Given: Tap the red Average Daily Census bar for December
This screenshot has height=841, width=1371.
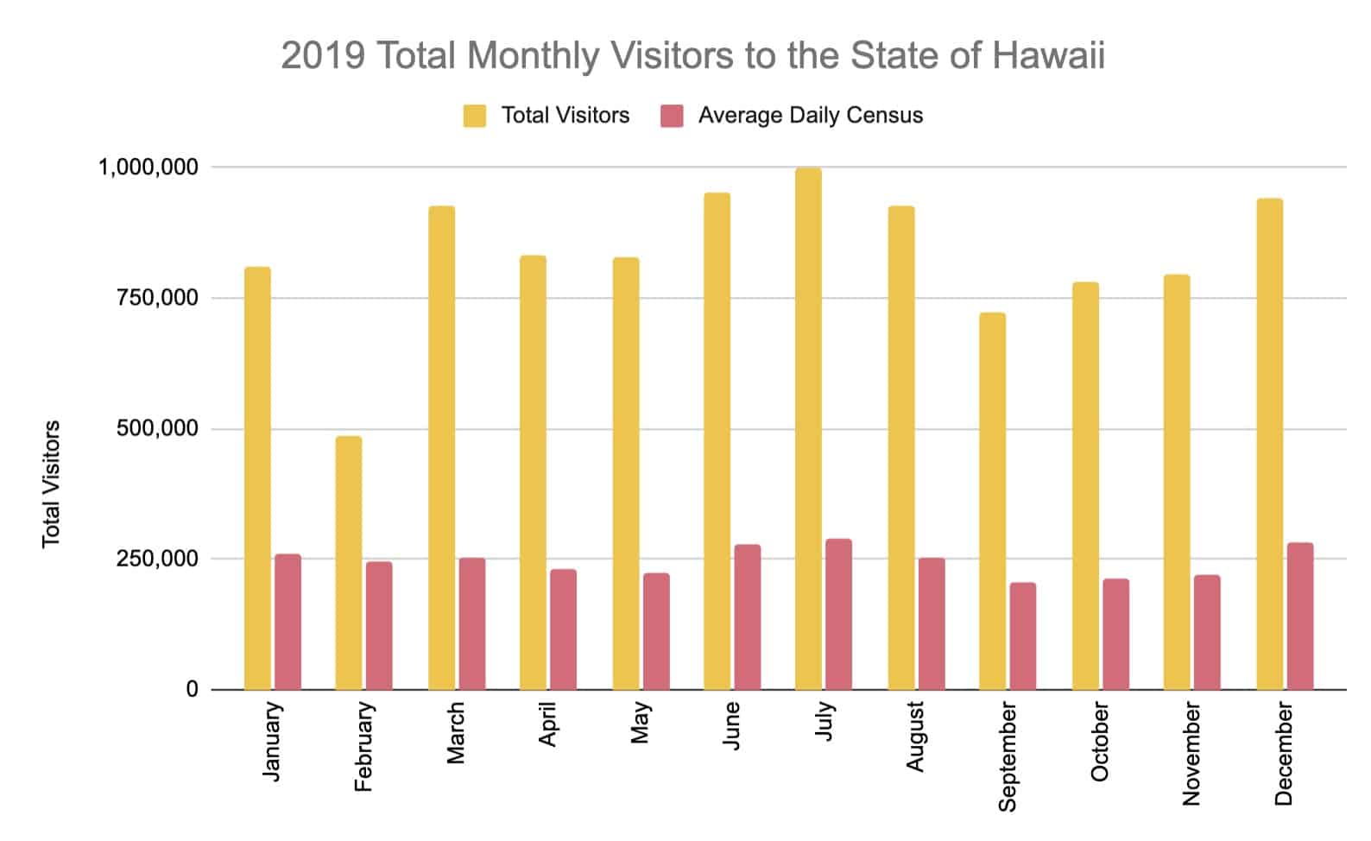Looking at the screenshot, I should click(x=1299, y=617).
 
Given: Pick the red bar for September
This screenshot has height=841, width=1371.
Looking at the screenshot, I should click(x=1023, y=636).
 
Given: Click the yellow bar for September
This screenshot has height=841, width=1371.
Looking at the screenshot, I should click(x=992, y=501).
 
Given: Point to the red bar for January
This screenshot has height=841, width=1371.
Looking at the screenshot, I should click(x=287, y=622).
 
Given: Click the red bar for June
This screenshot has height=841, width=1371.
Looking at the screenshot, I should click(x=747, y=617).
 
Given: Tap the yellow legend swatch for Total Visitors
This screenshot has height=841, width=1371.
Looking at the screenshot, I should click(x=474, y=116).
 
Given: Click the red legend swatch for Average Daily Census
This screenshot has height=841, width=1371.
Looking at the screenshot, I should click(x=672, y=116).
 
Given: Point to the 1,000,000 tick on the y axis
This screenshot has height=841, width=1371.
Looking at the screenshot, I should click(x=148, y=168).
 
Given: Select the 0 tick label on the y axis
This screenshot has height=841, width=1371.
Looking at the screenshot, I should click(x=192, y=690).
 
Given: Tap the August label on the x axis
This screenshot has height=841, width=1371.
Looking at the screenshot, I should click(x=915, y=737).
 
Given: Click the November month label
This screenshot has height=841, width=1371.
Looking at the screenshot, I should click(x=1191, y=754).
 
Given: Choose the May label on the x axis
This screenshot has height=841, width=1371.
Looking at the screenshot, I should click(x=640, y=724).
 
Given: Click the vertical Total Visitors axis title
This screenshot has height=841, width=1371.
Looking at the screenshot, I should click(x=52, y=484).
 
